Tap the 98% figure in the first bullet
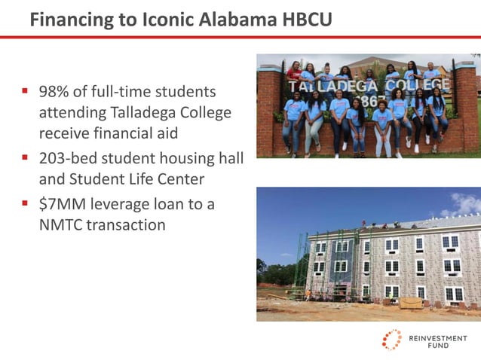[55, 92]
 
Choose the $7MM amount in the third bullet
[61, 204]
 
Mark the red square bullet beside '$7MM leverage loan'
[26, 204]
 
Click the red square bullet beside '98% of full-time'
[26, 92]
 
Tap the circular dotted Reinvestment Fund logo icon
[391, 340]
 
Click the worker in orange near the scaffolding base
[308, 294]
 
